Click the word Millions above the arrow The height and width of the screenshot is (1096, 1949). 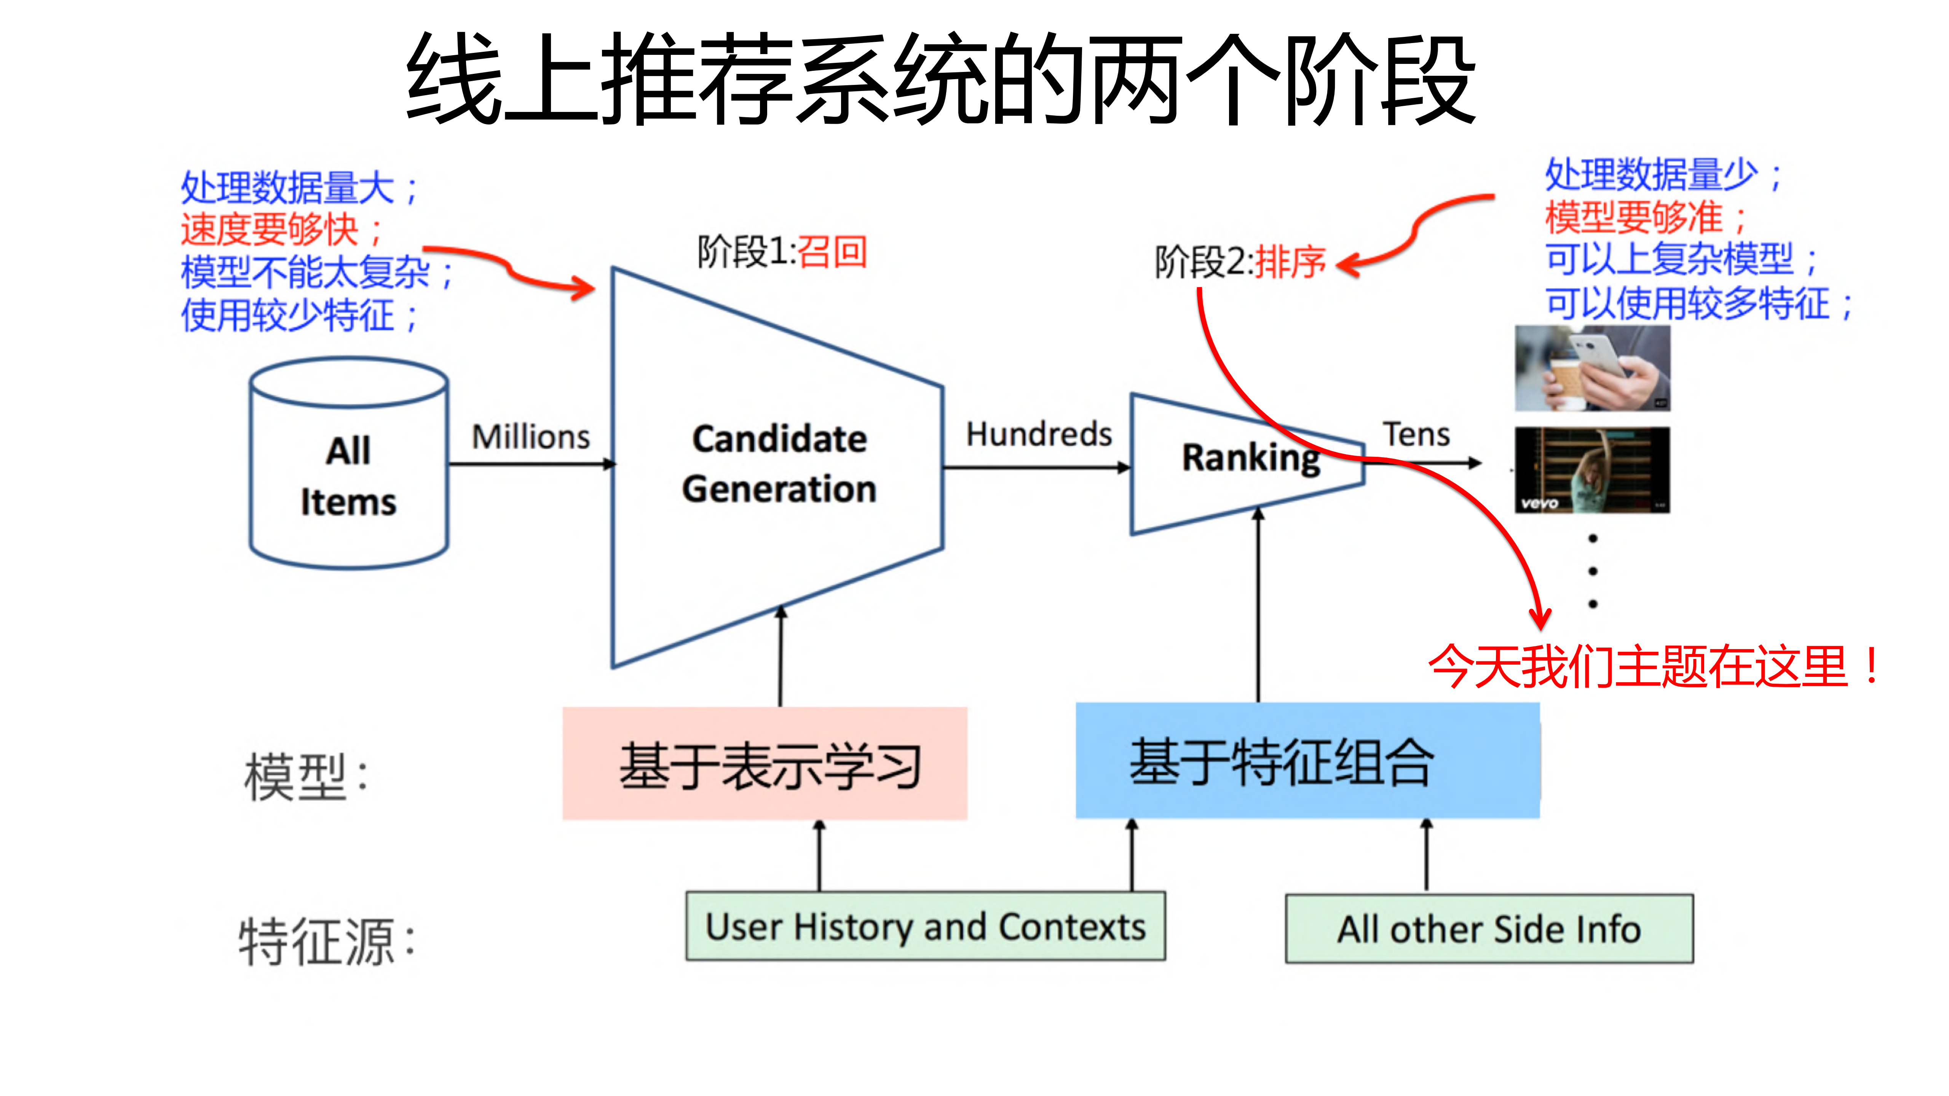(x=530, y=437)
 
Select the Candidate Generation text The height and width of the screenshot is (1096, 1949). (x=779, y=464)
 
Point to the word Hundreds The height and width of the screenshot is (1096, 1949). (x=1039, y=434)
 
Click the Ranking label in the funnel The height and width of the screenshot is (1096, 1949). (x=1251, y=458)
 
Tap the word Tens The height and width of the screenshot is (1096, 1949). (x=1416, y=435)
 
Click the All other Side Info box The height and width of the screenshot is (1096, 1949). (x=1489, y=929)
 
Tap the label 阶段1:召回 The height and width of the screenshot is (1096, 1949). (x=782, y=252)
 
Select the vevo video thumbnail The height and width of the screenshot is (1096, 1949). (x=1592, y=471)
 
